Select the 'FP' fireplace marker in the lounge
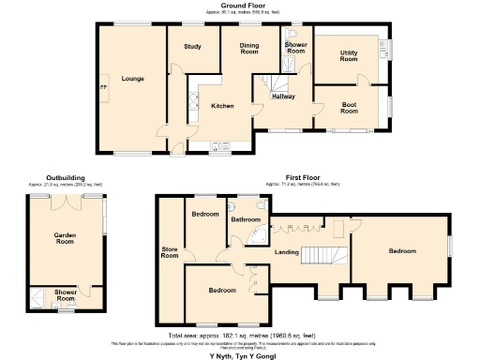coord(103,88)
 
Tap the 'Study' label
coord(193,46)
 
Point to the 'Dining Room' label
coord(248,49)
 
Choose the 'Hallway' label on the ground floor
coord(284,97)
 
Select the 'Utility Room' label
coord(348,55)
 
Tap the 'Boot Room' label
coord(349,108)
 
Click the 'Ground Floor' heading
coord(241,6)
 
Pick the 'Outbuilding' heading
coord(66,176)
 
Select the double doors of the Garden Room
coord(67,199)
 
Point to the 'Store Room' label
coord(170,250)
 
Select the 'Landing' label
coord(286,251)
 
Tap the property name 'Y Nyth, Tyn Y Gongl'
coord(241,355)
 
